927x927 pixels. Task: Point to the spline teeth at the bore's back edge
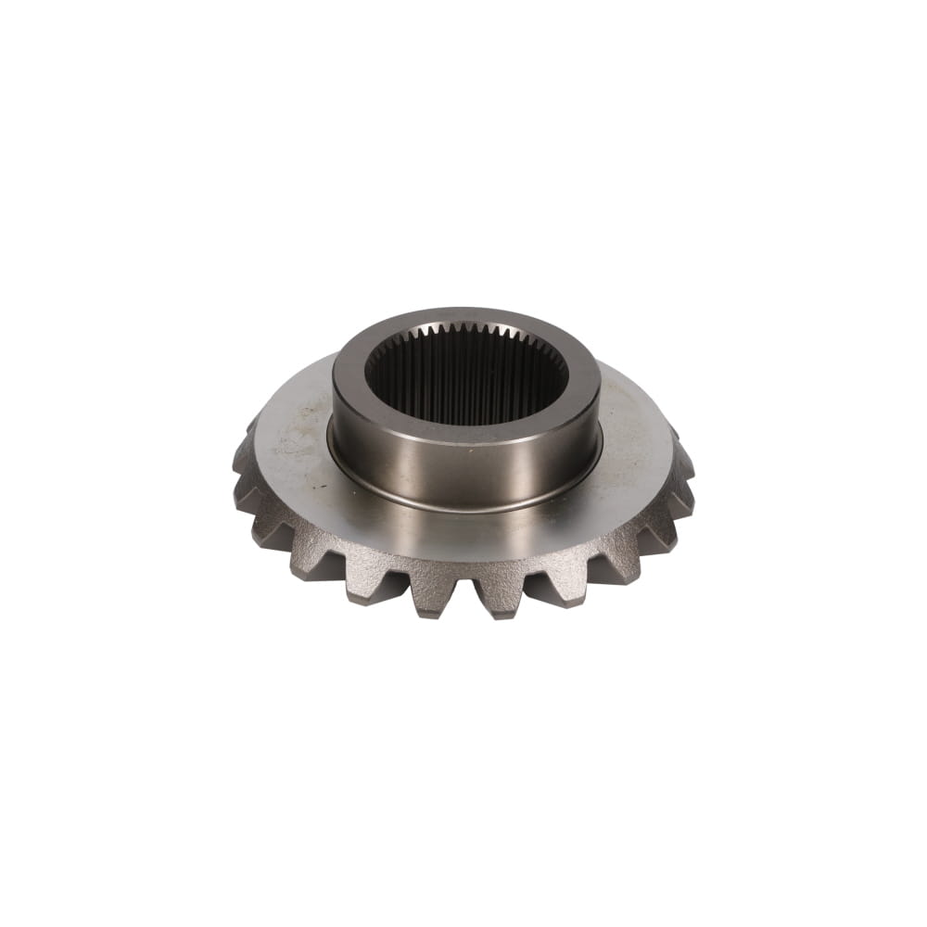(465, 332)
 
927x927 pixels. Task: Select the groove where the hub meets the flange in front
(465, 508)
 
